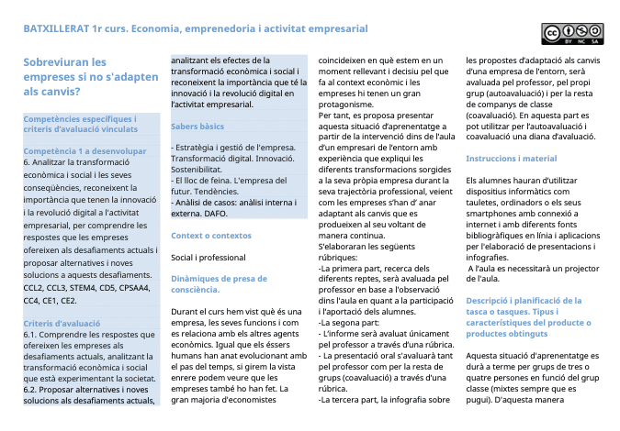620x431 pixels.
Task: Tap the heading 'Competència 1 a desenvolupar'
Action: pos(84,150)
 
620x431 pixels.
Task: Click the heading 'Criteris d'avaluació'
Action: pos(62,324)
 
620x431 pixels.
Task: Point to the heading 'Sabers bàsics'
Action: pos(197,126)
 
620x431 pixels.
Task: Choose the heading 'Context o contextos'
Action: pos(210,236)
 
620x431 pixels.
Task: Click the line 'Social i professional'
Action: pos(208,257)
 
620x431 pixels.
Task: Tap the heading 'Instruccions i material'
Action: pos(512,159)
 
